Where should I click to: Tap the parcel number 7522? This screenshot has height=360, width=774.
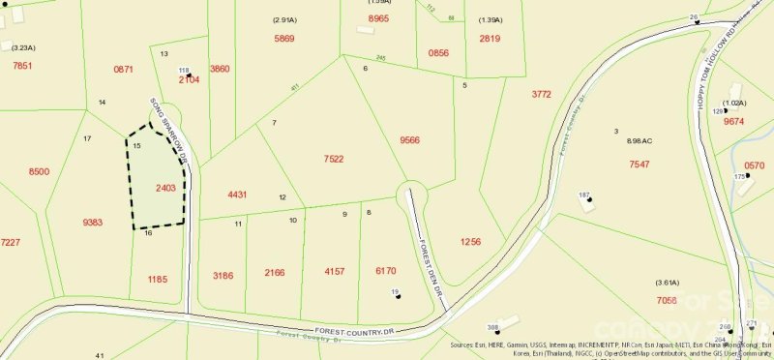(333, 159)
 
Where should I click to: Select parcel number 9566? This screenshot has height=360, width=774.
(409, 139)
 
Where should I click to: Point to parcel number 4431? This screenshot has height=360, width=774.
(237, 195)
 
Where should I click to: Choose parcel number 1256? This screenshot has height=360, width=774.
(470, 241)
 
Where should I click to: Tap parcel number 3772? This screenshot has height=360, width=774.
(541, 94)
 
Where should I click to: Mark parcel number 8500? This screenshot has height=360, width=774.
(39, 171)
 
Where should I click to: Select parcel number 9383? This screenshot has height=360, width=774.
(93, 223)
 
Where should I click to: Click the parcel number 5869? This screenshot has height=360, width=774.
(283, 38)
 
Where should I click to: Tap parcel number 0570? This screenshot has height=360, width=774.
(754, 165)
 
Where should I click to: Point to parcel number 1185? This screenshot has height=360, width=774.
(158, 279)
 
